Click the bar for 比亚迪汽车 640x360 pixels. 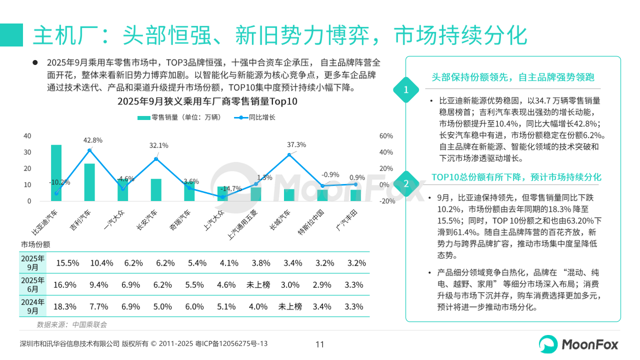[x=56, y=173]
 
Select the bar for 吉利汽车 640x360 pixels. [x=89, y=182]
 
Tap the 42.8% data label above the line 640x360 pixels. [x=93, y=140]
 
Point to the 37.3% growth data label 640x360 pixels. [x=296, y=144]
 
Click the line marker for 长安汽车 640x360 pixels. [x=156, y=159]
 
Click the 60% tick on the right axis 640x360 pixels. [x=386, y=136]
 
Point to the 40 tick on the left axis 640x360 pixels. [x=27, y=136]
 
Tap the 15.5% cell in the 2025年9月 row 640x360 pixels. [x=67, y=262]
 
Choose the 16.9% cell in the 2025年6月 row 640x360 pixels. [x=65, y=284]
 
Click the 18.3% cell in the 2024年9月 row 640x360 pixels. [x=65, y=306]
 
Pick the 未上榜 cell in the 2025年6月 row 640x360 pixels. [x=258, y=284]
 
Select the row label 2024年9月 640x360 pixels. [x=32, y=306]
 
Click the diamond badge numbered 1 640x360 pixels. [x=406, y=90]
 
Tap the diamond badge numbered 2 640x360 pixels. [x=406, y=183]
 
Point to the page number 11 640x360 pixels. [x=320, y=344]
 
